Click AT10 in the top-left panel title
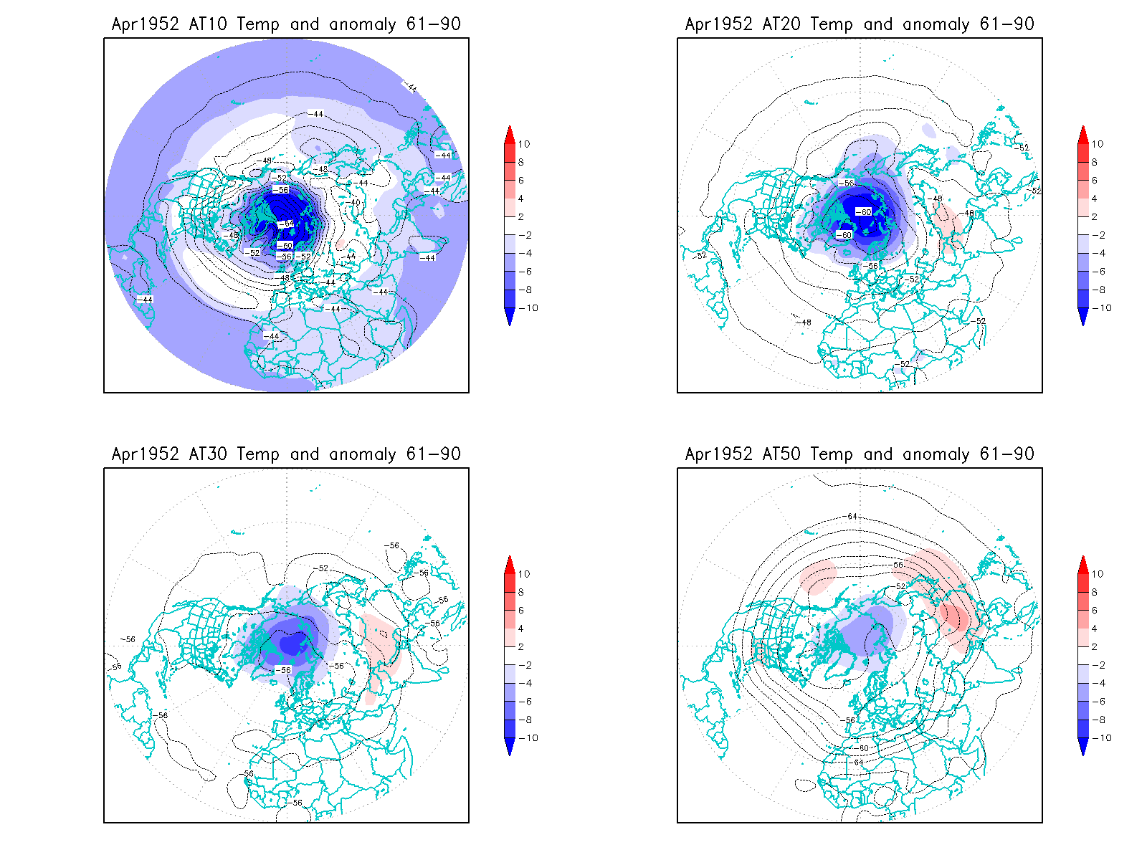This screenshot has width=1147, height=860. tap(207, 24)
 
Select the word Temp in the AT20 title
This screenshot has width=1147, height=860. tap(831, 24)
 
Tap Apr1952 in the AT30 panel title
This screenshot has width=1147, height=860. tap(145, 454)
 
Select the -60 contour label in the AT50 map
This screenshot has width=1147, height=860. tap(862, 748)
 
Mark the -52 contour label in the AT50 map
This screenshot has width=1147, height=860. tap(901, 586)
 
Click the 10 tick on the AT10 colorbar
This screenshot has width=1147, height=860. tap(524, 144)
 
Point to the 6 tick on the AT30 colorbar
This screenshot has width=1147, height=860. tap(521, 611)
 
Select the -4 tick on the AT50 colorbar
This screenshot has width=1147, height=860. tap(1099, 683)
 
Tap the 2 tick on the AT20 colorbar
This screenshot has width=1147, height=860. tap(1095, 216)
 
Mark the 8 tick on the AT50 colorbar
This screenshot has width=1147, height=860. tap(1095, 592)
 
